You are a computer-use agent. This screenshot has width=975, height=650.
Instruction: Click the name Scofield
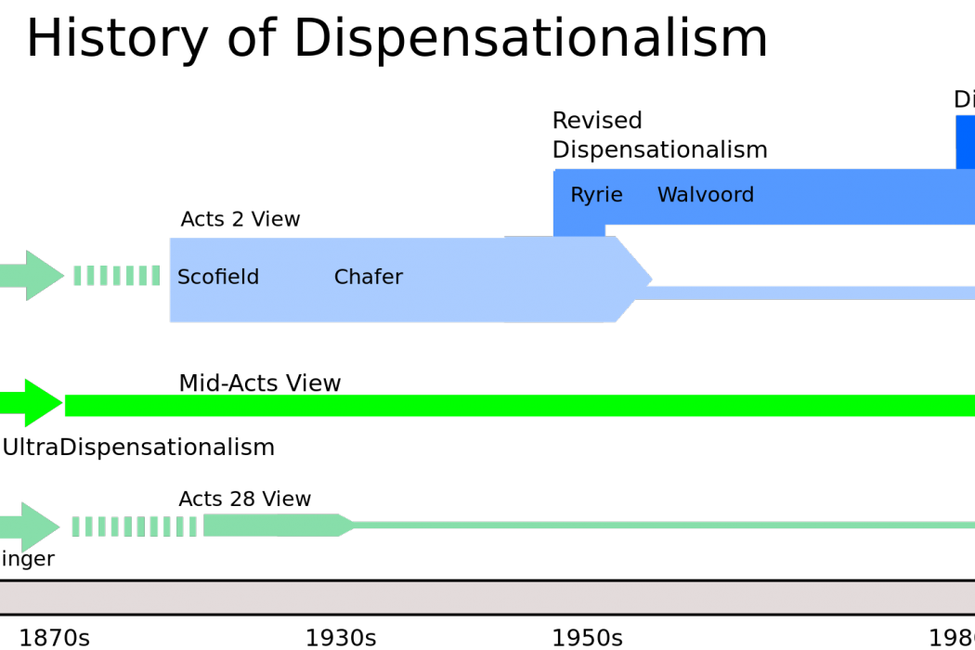pyautogui.click(x=218, y=278)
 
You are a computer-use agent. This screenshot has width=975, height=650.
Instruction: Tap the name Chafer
pyautogui.click(x=368, y=278)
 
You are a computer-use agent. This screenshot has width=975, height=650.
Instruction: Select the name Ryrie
pyautogui.click(x=596, y=196)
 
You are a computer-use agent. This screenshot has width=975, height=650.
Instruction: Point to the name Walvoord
pyautogui.click(x=706, y=196)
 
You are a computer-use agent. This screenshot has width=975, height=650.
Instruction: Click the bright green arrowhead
pyautogui.click(x=43, y=403)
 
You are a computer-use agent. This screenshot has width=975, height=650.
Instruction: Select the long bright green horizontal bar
pyautogui.click(x=520, y=406)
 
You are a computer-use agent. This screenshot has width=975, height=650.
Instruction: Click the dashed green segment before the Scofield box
pyautogui.click(x=117, y=276)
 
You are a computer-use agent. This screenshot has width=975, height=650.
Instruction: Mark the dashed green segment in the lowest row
pyautogui.click(x=135, y=526)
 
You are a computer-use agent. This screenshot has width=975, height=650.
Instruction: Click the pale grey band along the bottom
pyautogui.click(x=487, y=597)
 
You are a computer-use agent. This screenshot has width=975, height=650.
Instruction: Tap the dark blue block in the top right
pyautogui.click(x=966, y=141)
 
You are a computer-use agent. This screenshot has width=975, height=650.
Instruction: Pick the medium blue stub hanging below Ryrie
pyautogui.click(x=579, y=230)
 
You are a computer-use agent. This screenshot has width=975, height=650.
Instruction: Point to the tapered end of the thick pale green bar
pyautogui.click(x=347, y=526)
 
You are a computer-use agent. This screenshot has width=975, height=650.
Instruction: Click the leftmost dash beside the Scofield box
pyautogui.click(x=78, y=276)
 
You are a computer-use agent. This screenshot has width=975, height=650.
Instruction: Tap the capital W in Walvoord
pyautogui.click(x=666, y=196)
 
